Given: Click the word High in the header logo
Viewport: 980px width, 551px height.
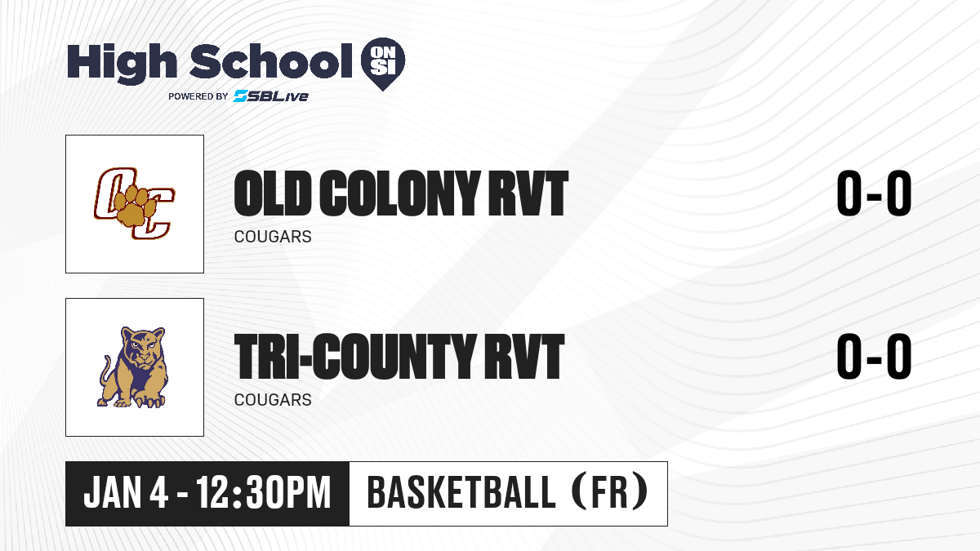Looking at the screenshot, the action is [x=122, y=64].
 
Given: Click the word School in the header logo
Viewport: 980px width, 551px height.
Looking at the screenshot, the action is [x=271, y=61].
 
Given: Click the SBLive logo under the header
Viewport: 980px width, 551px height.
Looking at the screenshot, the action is [x=271, y=96].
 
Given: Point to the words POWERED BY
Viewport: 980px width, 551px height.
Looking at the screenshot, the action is [x=198, y=96].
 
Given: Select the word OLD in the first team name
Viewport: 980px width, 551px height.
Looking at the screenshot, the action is [x=272, y=193].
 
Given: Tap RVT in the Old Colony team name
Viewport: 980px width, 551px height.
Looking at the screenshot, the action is [x=528, y=193].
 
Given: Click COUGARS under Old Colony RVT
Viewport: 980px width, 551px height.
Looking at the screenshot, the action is [x=273, y=237].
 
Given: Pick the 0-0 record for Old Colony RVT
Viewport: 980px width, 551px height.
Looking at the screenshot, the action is [x=874, y=193].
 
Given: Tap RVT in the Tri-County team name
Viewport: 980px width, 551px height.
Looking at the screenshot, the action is [x=524, y=357].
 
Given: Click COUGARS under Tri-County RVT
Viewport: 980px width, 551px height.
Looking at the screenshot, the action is [x=273, y=400].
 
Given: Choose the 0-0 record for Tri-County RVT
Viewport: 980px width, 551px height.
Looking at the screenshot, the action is [x=874, y=357].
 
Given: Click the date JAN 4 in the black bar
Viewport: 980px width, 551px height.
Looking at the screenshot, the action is [x=126, y=493].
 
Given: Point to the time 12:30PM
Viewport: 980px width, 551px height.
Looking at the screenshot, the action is [x=263, y=493].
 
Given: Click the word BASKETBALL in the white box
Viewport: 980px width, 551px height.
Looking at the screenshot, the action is [x=461, y=493].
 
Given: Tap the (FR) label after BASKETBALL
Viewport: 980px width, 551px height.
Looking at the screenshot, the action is [x=610, y=493].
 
